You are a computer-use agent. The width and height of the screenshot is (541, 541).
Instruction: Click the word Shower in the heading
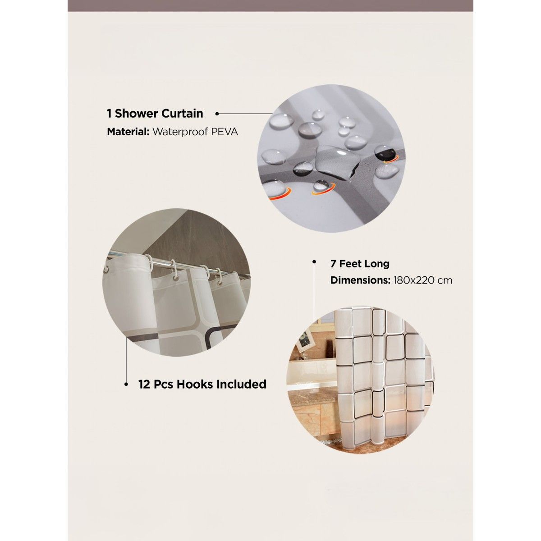pos(136,114)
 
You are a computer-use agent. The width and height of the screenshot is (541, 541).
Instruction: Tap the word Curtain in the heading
pos(182,114)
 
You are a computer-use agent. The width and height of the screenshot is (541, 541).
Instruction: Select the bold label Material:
pos(128,132)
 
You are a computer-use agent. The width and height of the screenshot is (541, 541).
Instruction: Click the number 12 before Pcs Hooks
pos(144,385)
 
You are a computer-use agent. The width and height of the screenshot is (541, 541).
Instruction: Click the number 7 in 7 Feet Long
pos(333,264)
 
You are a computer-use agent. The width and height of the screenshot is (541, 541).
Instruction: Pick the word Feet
pos(350,264)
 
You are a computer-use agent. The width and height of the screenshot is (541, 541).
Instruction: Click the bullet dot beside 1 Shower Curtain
pos(217,114)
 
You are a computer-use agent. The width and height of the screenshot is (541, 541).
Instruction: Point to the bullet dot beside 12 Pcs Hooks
pos(126,385)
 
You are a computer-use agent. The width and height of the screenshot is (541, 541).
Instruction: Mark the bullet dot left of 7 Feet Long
pos(314,261)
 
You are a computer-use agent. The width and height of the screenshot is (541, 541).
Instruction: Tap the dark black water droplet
pos(384,153)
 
